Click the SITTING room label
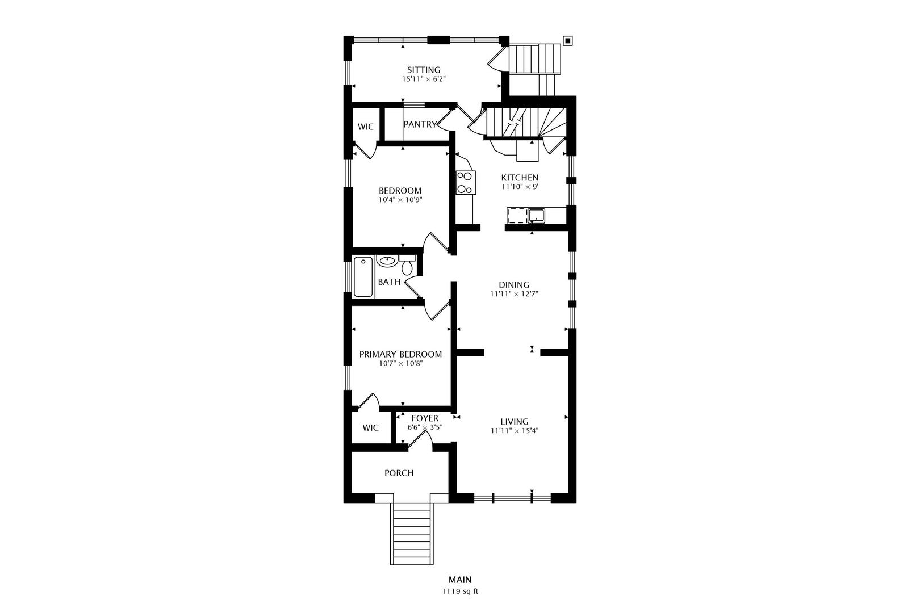coord(424,70)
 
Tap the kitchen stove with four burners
coord(465,183)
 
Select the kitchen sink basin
coord(537,216)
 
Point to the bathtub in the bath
coord(363,277)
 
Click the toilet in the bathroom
coord(407,265)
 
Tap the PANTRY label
coord(420,124)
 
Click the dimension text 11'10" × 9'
coord(520,187)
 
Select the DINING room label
coord(514,284)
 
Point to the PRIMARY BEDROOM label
coord(400,354)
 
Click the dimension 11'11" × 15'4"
coord(514,431)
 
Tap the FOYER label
coord(425,418)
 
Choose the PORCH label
coord(399,473)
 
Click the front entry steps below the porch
coord(412,534)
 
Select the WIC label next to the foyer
coord(370,428)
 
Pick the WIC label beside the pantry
coord(366,127)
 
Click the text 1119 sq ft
coord(460,591)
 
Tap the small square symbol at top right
coord(567,41)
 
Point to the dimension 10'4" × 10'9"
coord(400,200)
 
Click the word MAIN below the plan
coord(460,580)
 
